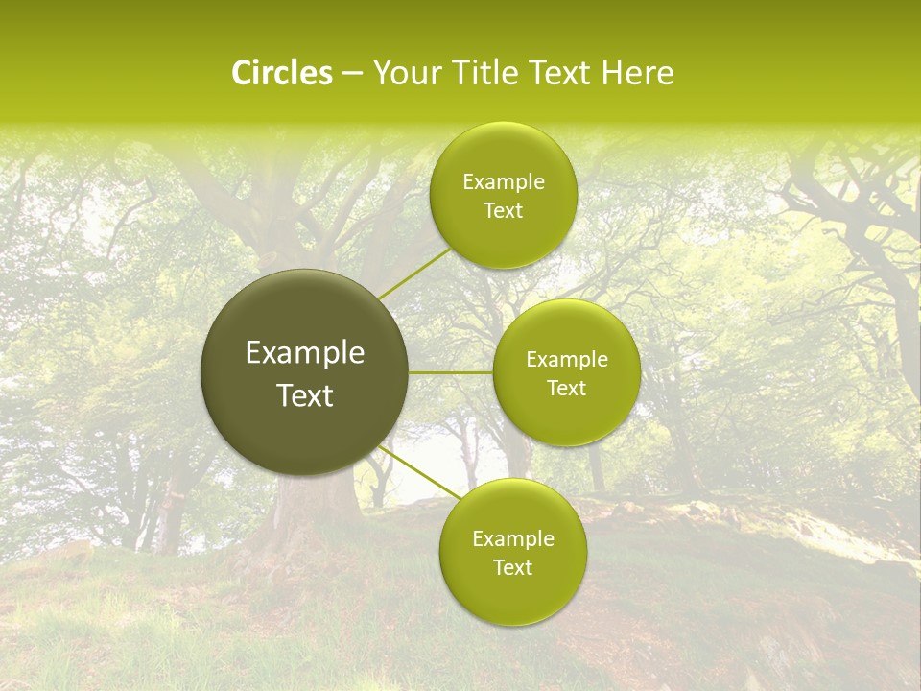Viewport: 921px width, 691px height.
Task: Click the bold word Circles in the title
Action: (281, 73)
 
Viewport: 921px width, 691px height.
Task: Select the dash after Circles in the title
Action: (352, 75)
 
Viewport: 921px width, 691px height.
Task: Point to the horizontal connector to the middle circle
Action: (450, 372)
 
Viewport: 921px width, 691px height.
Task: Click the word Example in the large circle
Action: (305, 353)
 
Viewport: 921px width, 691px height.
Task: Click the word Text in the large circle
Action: (305, 395)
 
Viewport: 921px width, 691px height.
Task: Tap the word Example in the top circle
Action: (504, 182)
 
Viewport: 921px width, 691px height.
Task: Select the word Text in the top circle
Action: (504, 211)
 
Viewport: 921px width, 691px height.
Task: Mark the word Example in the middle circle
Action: (567, 360)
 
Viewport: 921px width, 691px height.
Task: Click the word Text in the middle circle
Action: (567, 389)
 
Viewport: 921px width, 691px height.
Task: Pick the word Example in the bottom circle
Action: (513, 539)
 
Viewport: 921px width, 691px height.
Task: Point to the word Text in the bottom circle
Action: (513, 568)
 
